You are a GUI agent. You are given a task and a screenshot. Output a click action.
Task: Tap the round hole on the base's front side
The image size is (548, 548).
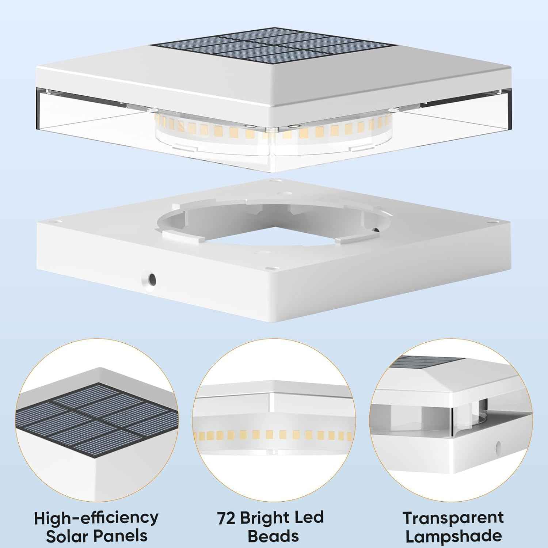click(x=149, y=279)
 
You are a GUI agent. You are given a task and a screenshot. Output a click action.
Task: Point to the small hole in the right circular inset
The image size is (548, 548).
click(x=498, y=446)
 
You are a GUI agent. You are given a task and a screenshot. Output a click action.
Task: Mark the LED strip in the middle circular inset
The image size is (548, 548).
click(x=274, y=435)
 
